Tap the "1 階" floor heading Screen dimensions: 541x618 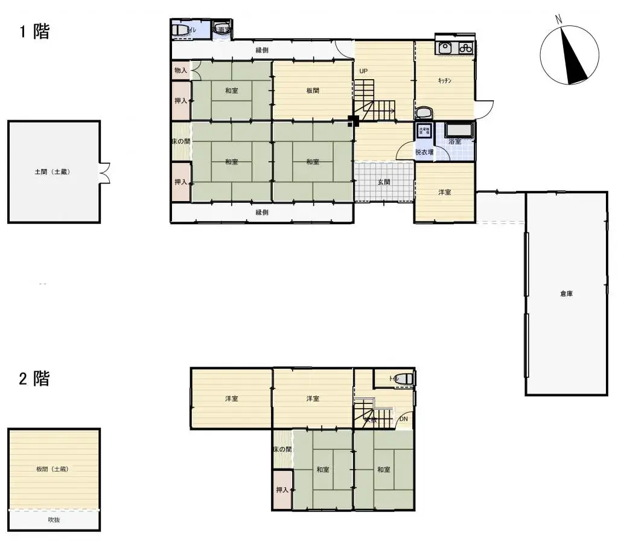coord(34,31)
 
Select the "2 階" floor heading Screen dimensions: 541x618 coord(34,379)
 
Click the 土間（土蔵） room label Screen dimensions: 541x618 coord(53,172)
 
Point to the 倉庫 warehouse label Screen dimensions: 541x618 coord(565,294)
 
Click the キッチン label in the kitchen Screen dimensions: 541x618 coord(445,80)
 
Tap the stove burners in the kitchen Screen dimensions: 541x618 coord(465,48)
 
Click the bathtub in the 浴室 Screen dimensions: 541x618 coord(460,130)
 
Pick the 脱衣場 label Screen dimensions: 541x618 coord(424,152)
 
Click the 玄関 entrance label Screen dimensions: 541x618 coord(384,182)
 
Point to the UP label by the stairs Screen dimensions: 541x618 coord(363,71)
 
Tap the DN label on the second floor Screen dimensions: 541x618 coord(404,418)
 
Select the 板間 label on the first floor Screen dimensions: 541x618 coord(312,91)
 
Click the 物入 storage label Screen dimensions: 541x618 coord(180,71)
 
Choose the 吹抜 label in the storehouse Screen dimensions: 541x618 coord(54,519)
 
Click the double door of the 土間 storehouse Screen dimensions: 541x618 coord(105,172)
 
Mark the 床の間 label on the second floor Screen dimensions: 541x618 coord(282,449)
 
